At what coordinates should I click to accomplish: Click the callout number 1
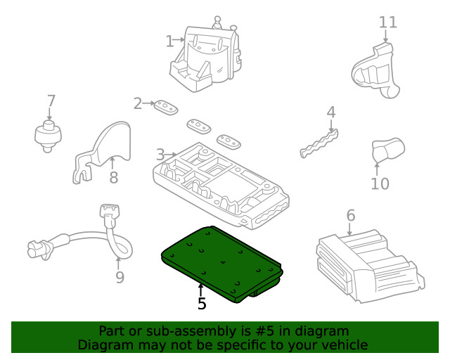(169, 41)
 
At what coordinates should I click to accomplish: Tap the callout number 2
(138, 104)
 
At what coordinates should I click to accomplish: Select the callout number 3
(160, 154)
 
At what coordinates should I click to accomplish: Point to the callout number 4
(330, 112)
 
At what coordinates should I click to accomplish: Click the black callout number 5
(202, 304)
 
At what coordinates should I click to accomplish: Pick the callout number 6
(350, 216)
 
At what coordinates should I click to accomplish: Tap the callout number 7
(51, 101)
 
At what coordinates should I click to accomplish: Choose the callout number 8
(113, 177)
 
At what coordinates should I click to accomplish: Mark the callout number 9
(120, 277)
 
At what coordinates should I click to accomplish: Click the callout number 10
(380, 184)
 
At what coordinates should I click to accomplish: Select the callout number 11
(387, 22)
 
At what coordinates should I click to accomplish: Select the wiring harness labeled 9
(84, 239)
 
